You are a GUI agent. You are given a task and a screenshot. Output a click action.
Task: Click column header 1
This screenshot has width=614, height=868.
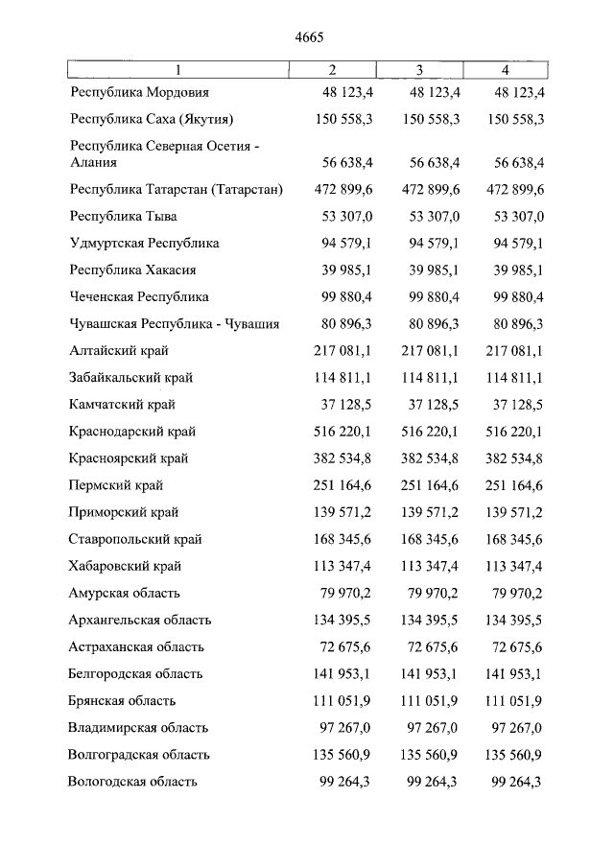pyautogui.click(x=177, y=70)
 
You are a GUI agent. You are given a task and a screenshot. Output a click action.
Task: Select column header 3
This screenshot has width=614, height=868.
pyautogui.click(x=419, y=70)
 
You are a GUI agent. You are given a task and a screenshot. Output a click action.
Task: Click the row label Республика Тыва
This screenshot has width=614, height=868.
pyautogui.click(x=124, y=217)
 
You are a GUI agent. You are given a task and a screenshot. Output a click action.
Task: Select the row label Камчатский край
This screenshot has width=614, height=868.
pyautogui.click(x=122, y=405)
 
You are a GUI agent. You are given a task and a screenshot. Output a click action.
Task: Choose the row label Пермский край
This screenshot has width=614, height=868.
pyautogui.click(x=114, y=485)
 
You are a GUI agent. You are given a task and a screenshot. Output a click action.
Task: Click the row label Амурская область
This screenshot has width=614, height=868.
pyautogui.click(x=125, y=594)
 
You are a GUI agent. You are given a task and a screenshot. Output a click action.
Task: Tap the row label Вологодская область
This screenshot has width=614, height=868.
pyautogui.click(x=133, y=782)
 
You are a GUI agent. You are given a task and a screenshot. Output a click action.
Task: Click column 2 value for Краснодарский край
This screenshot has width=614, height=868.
pyautogui.click(x=344, y=432)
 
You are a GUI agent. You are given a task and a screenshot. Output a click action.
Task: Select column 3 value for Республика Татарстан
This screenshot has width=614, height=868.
pyautogui.click(x=431, y=190)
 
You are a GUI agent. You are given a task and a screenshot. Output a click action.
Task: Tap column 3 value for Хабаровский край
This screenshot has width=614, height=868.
pyautogui.click(x=431, y=566)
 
